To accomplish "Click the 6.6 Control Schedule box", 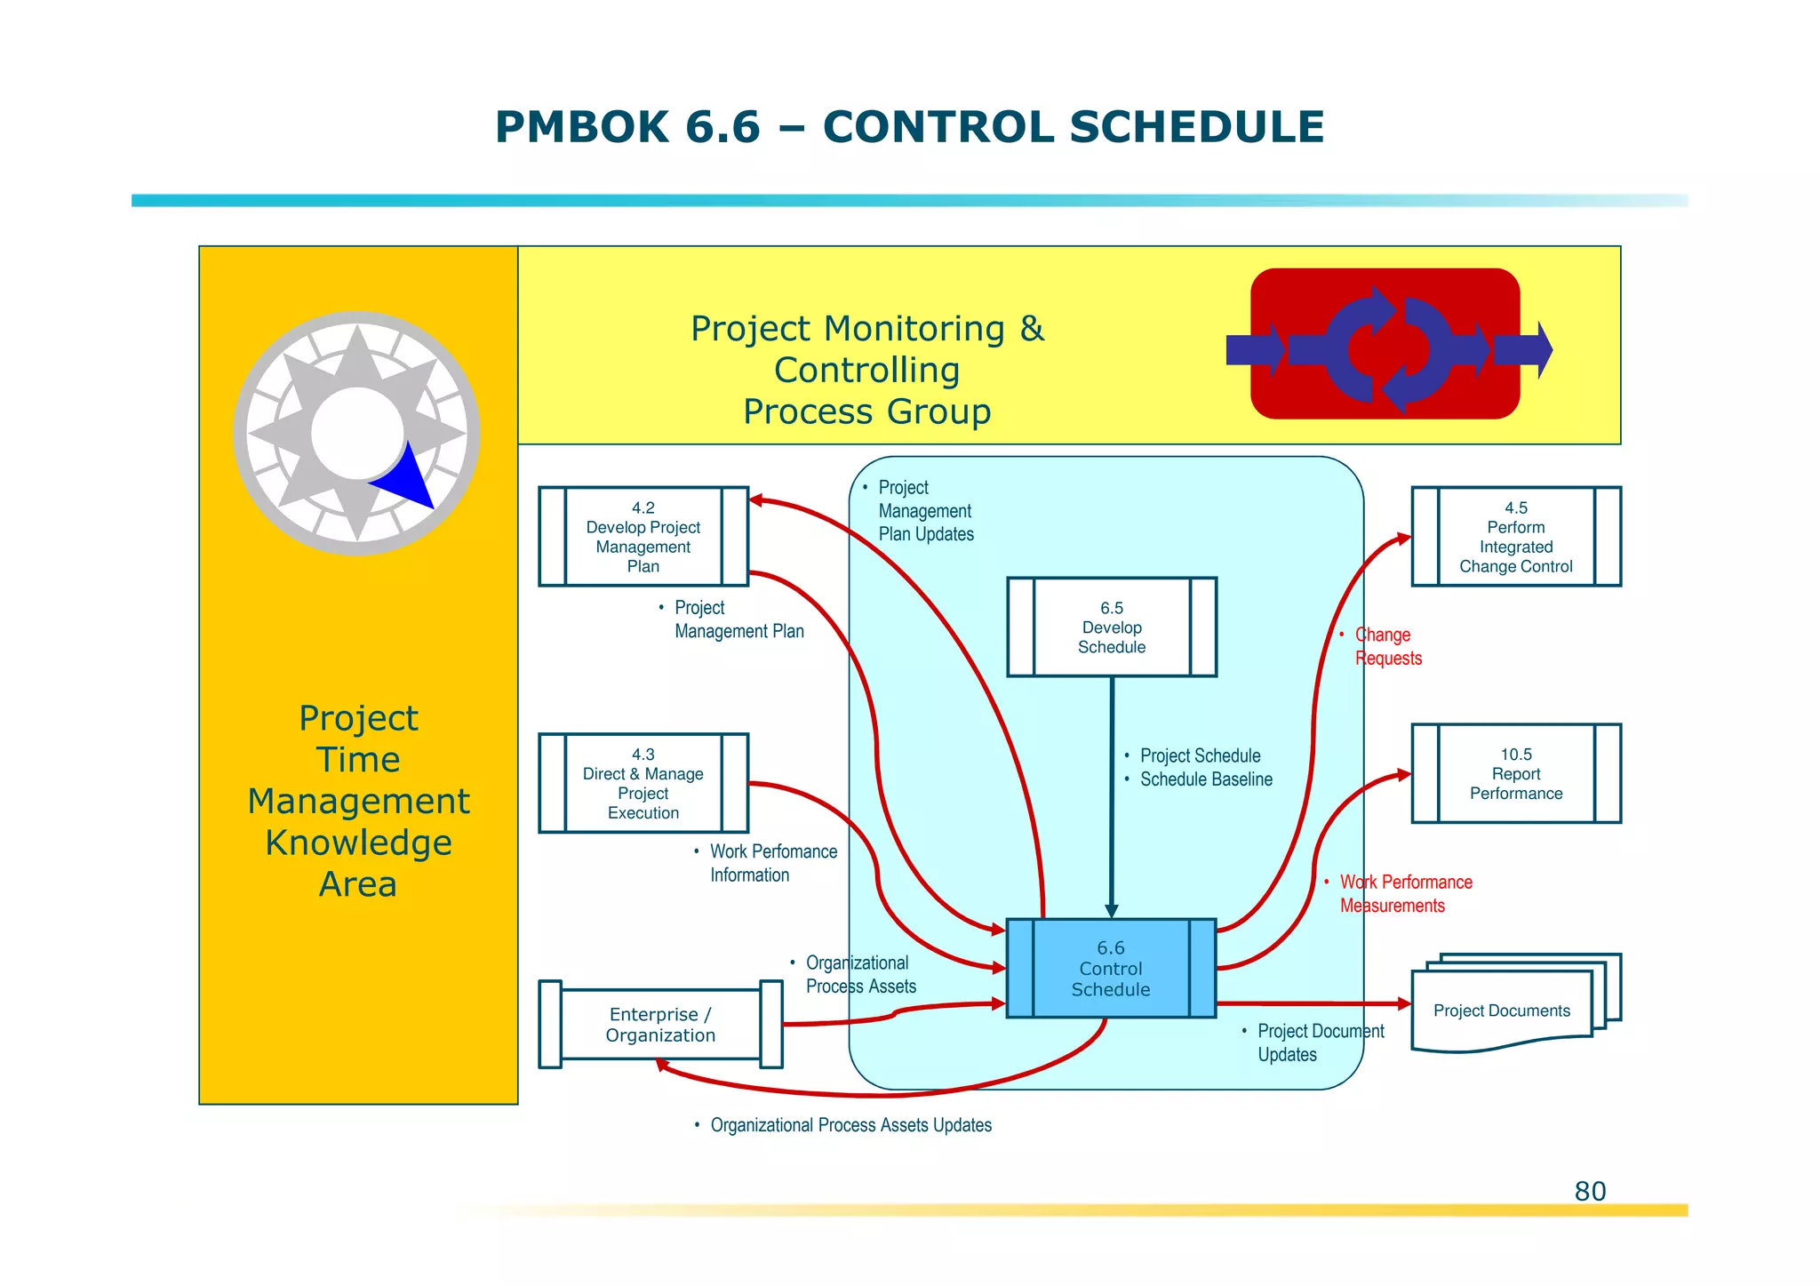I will tap(1110, 968).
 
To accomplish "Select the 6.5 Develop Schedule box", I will tap(1111, 627).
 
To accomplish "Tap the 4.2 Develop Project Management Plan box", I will tap(643, 537).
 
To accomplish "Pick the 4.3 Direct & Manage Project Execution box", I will tap(643, 783).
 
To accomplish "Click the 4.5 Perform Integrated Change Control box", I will tap(1515, 537).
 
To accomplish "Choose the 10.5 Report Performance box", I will tap(1515, 773).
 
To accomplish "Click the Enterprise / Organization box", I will tap(659, 1025).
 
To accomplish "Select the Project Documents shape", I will tap(1502, 1010).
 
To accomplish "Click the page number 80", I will tap(1590, 1191).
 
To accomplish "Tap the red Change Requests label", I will tap(1386, 646).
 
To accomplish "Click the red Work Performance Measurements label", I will tap(1404, 893).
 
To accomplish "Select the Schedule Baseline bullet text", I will tap(1205, 779).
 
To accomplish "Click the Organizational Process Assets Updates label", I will tap(850, 1125).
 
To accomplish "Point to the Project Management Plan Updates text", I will tap(924, 511).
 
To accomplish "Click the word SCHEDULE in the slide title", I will tap(1196, 127).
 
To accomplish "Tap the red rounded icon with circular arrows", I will tap(1385, 344).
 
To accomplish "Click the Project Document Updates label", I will tap(1319, 1042).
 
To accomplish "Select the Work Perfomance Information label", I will tap(771, 863).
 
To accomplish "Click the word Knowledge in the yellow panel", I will tap(358, 843).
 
